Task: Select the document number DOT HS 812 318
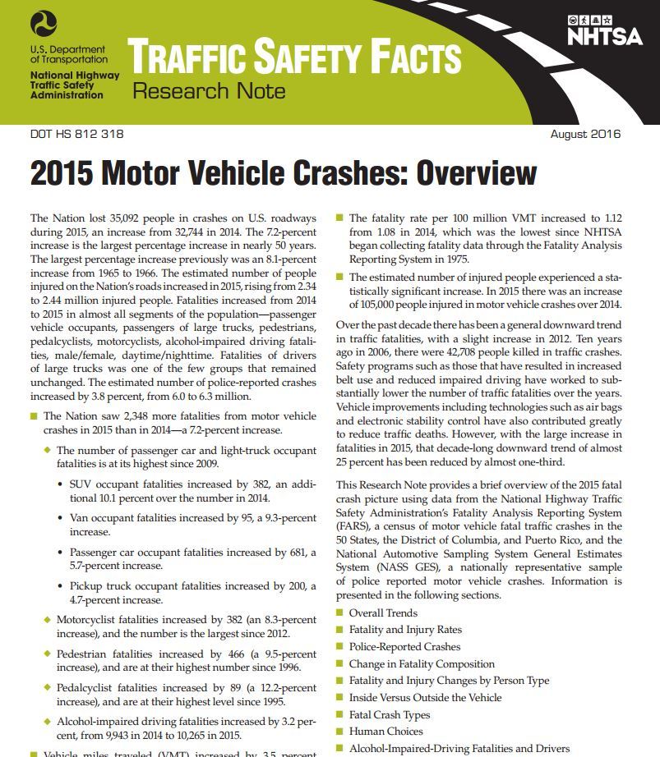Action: (76, 134)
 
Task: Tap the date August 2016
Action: (585, 134)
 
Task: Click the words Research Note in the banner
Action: (209, 90)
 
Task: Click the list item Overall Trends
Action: (383, 612)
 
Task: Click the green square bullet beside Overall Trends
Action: (340, 612)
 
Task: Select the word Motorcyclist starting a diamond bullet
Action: (90, 619)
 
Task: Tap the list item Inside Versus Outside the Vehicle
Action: (425, 697)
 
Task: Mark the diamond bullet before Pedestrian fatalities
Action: (48, 654)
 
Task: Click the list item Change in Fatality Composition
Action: (422, 663)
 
